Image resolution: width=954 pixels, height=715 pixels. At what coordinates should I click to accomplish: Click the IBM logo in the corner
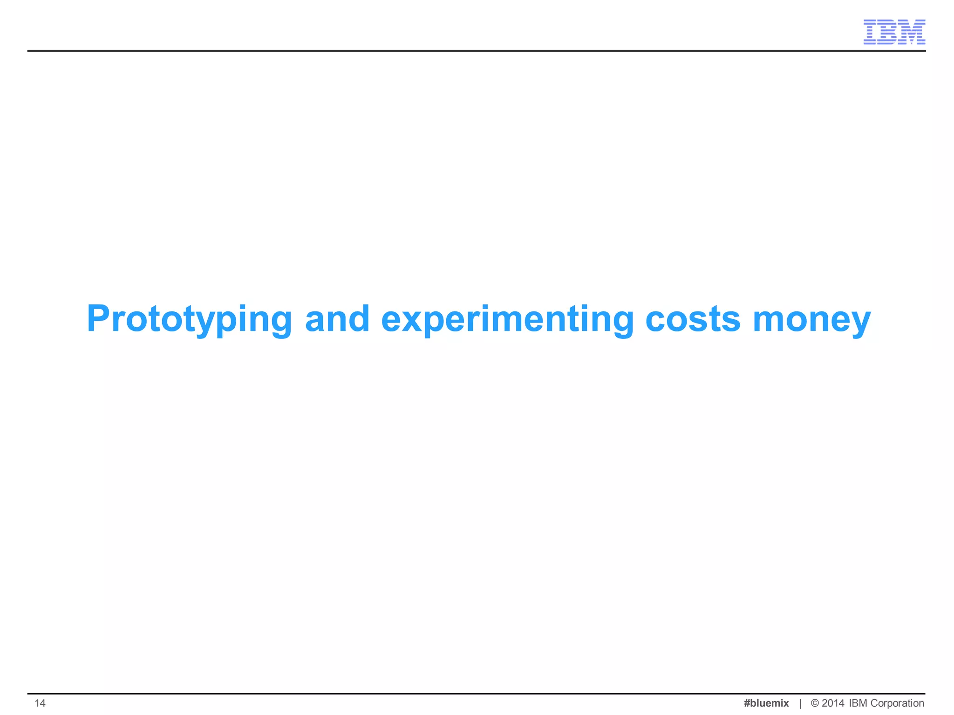pos(894,32)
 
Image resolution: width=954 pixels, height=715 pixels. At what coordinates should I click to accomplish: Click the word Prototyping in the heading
pos(189,320)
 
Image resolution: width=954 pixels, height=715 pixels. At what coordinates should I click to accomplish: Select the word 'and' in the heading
pos(337,319)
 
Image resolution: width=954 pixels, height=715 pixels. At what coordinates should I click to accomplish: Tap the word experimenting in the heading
pos(507,320)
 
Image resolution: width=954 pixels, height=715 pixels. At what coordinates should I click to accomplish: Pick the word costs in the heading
pos(693,320)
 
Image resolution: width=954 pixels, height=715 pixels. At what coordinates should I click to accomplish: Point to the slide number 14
pos(40,703)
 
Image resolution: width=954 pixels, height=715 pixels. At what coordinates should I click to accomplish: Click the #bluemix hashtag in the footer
pos(766,703)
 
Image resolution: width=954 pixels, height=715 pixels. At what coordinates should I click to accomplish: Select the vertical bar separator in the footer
pos(800,703)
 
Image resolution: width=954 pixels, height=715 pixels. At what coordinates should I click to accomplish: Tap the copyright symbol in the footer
pos(815,703)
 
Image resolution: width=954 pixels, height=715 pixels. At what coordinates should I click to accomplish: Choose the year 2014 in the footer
pos(833,703)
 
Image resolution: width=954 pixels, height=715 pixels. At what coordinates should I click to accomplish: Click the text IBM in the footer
pos(858,703)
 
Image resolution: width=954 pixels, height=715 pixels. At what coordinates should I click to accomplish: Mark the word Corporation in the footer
pos(897,703)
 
